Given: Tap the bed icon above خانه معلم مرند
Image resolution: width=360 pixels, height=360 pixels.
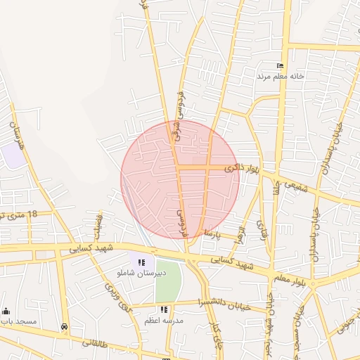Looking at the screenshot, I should [x=280, y=65].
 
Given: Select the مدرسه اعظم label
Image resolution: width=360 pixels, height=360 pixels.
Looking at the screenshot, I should [x=164, y=319].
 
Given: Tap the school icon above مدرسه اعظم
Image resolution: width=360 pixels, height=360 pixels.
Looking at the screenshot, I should [x=164, y=309].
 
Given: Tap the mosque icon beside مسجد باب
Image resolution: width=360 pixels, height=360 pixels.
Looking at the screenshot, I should [x=6, y=311].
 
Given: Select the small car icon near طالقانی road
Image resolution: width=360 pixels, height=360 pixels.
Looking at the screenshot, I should [x=65, y=326].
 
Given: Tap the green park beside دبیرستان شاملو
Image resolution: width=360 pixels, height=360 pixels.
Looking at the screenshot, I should [x=168, y=281].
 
